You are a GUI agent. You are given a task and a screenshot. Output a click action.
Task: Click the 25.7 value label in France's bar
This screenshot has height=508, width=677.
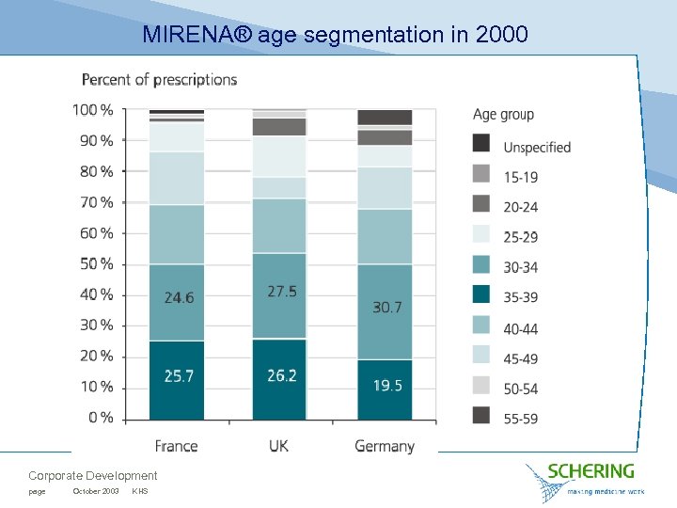pyautogui.click(x=179, y=375)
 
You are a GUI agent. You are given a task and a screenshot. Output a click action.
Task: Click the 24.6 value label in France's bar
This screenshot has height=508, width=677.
pyautogui.click(x=179, y=298)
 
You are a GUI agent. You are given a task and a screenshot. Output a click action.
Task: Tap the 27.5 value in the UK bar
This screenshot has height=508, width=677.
pyautogui.click(x=281, y=292)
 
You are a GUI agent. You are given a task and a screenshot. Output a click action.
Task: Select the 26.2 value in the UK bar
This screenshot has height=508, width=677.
pyautogui.click(x=281, y=375)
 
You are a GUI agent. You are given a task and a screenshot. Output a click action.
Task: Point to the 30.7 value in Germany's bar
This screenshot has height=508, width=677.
pyautogui.click(x=387, y=308)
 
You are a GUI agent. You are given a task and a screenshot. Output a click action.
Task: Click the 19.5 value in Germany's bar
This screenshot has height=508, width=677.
pyautogui.click(x=387, y=386)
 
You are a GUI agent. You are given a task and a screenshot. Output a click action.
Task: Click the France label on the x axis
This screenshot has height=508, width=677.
pyautogui.click(x=177, y=446)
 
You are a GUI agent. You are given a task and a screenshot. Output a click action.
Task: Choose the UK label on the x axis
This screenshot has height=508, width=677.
pyautogui.click(x=278, y=446)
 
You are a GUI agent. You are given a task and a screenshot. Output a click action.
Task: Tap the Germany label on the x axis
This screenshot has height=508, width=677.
pyautogui.click(x=385, y=446)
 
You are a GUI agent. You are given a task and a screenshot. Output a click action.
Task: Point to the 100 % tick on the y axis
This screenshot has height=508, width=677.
pyautogui.click(x=93, y=110)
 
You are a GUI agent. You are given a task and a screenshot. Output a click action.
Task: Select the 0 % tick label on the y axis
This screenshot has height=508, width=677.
pyautogui.click(x=100, y=418)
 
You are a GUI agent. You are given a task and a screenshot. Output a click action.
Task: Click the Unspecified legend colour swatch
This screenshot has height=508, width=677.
pyautogui.click(x=481, y=143)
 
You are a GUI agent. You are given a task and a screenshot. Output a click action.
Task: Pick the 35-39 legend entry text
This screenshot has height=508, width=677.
pyautogui.click(x=521, y=298)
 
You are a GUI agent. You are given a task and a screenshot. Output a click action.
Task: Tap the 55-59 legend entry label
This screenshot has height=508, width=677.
pyautogui.click(x=521, y=419)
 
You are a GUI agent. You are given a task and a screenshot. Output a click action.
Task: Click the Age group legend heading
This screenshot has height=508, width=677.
pyautogui.click(x=503, y=115)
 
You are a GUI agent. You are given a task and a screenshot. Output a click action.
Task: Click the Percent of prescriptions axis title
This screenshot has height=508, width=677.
pyautogui.click(x=159, y=79)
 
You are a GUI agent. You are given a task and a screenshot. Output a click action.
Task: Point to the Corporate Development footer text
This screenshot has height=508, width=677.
pyautogui.click(x=93, y=476)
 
